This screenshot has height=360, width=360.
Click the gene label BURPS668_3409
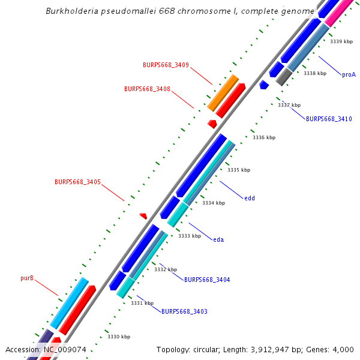(x=166, y=65)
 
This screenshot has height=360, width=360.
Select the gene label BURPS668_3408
(x=147, y=89)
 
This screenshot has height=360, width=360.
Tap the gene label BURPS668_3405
(x=77, y=182)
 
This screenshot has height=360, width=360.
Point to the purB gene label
(x=27, y=278)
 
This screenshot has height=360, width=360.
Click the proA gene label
(x=349, y=75)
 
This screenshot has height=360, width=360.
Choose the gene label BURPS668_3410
(x=329, y=119)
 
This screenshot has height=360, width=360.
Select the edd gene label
(x=250, y=197)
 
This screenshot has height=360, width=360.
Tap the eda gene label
(x=218, y=239)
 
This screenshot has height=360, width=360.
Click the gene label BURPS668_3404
(x=207, y=280)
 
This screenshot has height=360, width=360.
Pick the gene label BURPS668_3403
(x=184, y=311)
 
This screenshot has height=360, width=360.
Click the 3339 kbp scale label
(x=341, y=41)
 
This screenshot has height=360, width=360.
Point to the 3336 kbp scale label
(x=264, y=137)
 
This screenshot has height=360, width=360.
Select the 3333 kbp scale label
(x=190, y=236)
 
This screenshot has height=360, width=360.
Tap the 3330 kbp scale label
(x=119, y=337)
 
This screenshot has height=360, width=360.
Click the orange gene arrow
(x=223, y=92)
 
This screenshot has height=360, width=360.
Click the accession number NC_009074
(x=64, y=349)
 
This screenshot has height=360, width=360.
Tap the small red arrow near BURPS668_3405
(x=143, y=215)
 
